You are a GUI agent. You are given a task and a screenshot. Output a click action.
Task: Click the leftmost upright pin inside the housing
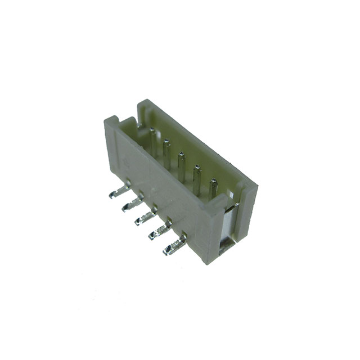point(152,141)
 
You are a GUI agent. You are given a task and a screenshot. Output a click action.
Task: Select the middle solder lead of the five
point(145,217)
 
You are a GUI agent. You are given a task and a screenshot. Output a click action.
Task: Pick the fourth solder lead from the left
point(160,231)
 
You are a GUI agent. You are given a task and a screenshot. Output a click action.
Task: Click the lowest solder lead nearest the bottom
point(174,245)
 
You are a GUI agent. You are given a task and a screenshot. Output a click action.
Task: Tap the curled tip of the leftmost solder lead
point(110,194)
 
